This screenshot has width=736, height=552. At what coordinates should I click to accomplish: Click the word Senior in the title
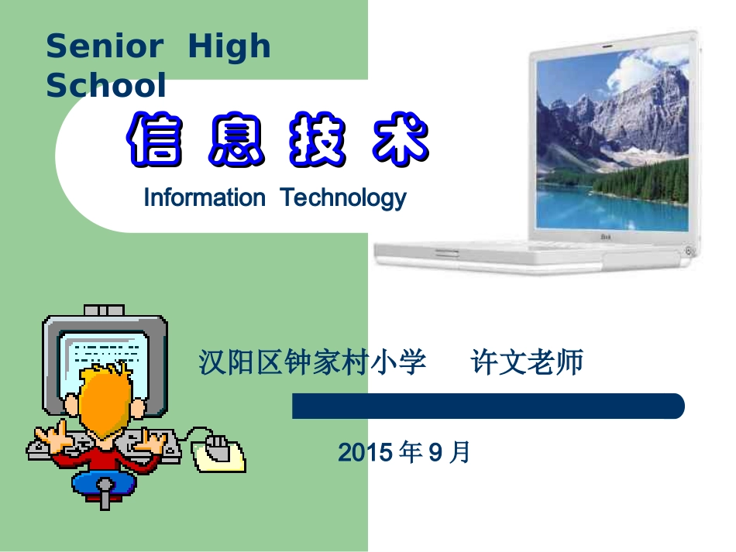[104, 47]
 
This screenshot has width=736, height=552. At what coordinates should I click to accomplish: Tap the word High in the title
[230, 47]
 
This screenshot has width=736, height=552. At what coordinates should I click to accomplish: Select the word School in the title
[106, 85]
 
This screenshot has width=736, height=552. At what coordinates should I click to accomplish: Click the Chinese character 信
[156, 140]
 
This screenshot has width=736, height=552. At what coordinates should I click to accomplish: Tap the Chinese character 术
[399, 140]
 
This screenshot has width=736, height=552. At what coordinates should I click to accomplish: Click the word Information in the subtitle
[204, 198]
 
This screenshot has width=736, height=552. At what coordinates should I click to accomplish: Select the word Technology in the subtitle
[343, 198]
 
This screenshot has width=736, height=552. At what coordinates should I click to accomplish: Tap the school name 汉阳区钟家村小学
[312, 362]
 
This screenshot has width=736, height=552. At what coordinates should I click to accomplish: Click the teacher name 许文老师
[528, 362]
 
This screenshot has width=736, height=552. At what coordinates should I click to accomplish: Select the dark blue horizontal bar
[488, 406]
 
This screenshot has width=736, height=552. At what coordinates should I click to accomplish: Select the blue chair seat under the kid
[104, 483]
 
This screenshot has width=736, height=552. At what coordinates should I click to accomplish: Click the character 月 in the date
[460, 452]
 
